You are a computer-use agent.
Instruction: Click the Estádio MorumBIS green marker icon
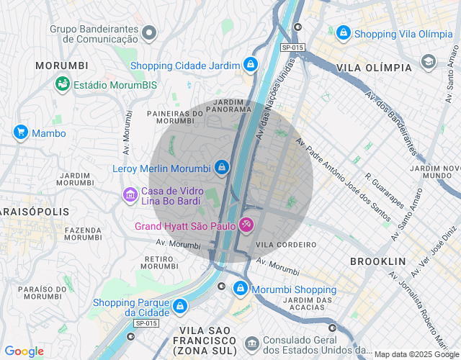63,84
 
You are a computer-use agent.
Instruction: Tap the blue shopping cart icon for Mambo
20,132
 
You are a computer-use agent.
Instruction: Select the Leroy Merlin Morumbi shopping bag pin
222,168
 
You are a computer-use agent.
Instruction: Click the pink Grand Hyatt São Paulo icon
246,226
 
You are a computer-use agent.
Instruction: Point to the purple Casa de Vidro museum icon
130,194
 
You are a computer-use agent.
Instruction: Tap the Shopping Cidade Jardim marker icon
250,65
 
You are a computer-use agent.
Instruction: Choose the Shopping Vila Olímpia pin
344,33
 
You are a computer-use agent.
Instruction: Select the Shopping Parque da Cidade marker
179,307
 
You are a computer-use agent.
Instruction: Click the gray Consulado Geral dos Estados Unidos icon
251,343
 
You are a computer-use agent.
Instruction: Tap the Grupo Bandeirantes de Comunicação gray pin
149,32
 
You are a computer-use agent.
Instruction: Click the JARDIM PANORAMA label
228,106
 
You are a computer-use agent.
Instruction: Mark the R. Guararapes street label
385,190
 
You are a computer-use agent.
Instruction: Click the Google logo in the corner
24,351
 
